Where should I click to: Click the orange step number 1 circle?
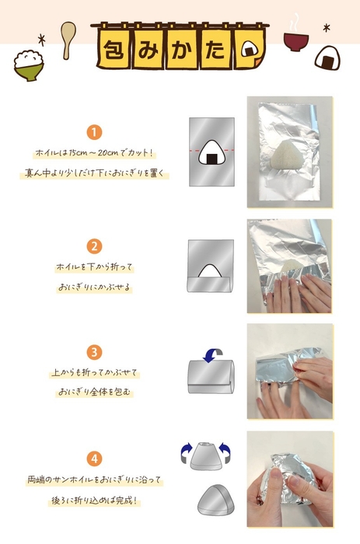[x=94, y=132]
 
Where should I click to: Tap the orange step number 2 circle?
[x=94, y=246]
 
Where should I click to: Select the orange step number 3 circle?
[x=94, y=352]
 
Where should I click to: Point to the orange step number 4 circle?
[x=94, y=459]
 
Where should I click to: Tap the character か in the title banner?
[x=182, y=49]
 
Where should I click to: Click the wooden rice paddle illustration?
[x=68, y=40]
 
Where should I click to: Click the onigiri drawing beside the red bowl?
[x=327, y=58]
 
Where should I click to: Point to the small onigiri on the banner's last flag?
[x=249, y=49]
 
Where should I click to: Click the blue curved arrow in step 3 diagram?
[x=213, y=354]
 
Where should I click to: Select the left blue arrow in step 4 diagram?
[x=186, y=452]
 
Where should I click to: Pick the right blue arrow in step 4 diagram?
[x=225, y=452]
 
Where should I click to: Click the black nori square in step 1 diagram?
[x=211, y=159]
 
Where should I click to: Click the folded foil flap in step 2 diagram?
[x=209, y=284]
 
